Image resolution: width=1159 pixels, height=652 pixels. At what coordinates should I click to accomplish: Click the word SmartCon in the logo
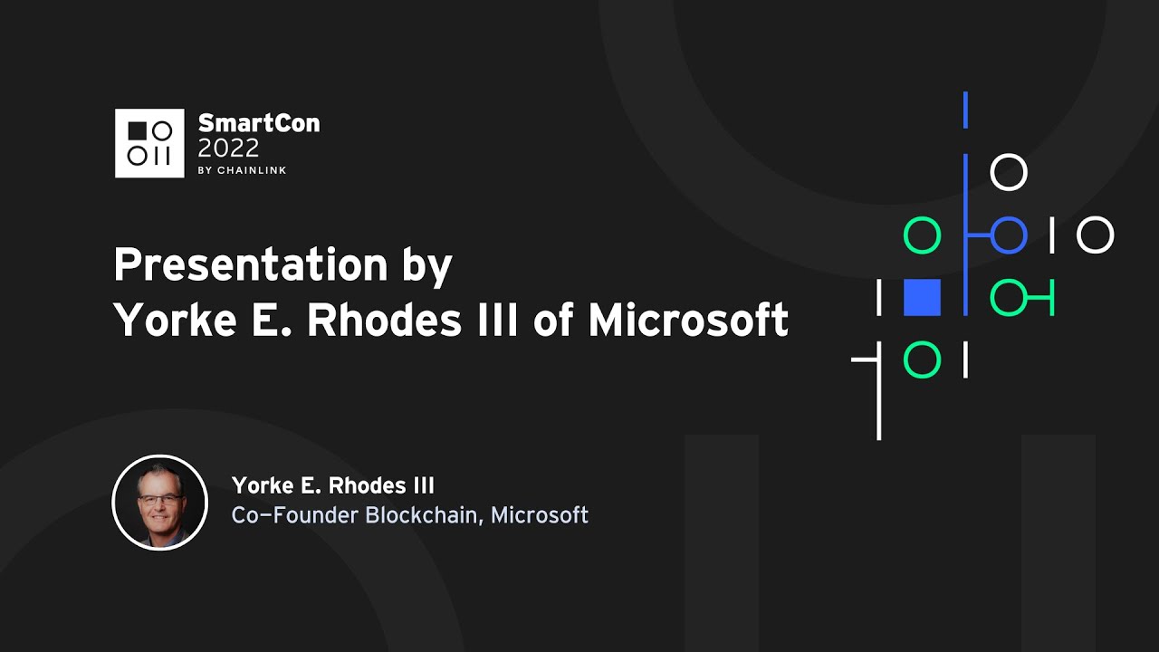[258, 123]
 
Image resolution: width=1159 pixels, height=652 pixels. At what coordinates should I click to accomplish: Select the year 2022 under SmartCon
[228, 148]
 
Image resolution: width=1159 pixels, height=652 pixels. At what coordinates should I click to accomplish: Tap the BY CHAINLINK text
[242, 170]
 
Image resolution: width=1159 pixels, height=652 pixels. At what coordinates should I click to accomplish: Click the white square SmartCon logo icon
[149, 143]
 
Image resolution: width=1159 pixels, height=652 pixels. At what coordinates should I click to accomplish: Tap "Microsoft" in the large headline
[688, 320]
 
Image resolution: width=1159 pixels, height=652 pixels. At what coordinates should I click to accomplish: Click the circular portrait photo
[159, 502]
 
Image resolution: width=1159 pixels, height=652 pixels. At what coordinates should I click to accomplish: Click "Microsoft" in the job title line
[540, 515]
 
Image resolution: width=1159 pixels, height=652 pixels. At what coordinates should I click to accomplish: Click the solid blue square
[922, 297]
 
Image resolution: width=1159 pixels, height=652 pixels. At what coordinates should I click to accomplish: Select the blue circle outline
[1009, 235]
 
